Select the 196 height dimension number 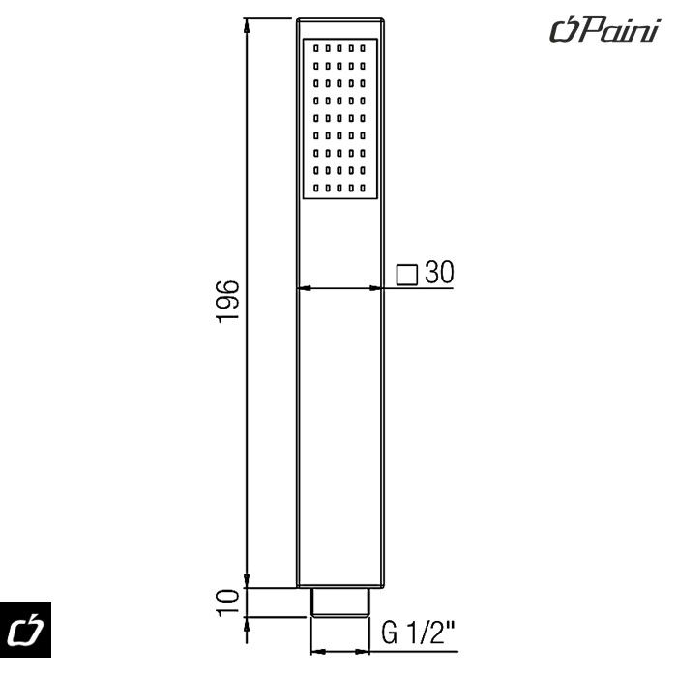click(x=229, y=303)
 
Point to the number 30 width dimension click(x=439, y=274)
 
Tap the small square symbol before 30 click(x=407, y=276)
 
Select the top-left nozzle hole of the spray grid click(x=316, y=47)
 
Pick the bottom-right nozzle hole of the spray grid click(x=364, y=187)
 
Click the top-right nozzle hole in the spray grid click(x=364, y=47)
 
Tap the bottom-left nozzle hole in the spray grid click(x=316, y=187)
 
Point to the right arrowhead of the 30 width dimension click(x=379, y=287)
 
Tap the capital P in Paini click(x=583, y=31)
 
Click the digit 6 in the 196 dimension click(x=229, y=287)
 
